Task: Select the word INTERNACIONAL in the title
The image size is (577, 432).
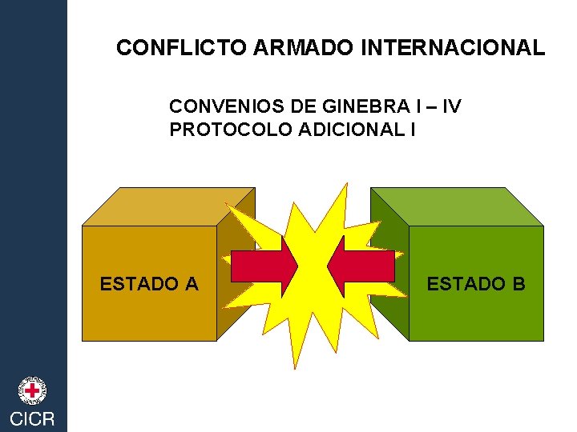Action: (453, 48)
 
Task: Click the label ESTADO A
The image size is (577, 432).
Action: (149, 283)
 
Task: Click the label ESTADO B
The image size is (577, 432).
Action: (476, 283)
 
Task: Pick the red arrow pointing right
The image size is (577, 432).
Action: (264, 267)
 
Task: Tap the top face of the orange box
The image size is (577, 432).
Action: (168, 206)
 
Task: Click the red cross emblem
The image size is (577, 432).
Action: (32, 390)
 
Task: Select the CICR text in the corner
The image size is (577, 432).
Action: (32, 418)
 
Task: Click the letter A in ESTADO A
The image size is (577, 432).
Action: (192, 283)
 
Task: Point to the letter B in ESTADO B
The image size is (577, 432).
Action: (518, 283)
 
